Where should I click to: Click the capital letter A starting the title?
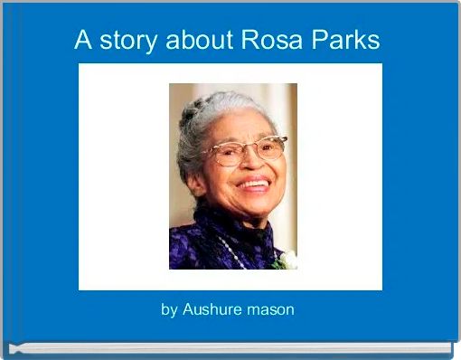click(83, 40)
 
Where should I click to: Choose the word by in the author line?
click(169, 310)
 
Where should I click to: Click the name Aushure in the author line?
click(214, 309)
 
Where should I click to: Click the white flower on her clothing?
click(287, 261)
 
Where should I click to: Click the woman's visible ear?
click(193, 163)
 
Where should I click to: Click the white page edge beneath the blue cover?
click(230, 347)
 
